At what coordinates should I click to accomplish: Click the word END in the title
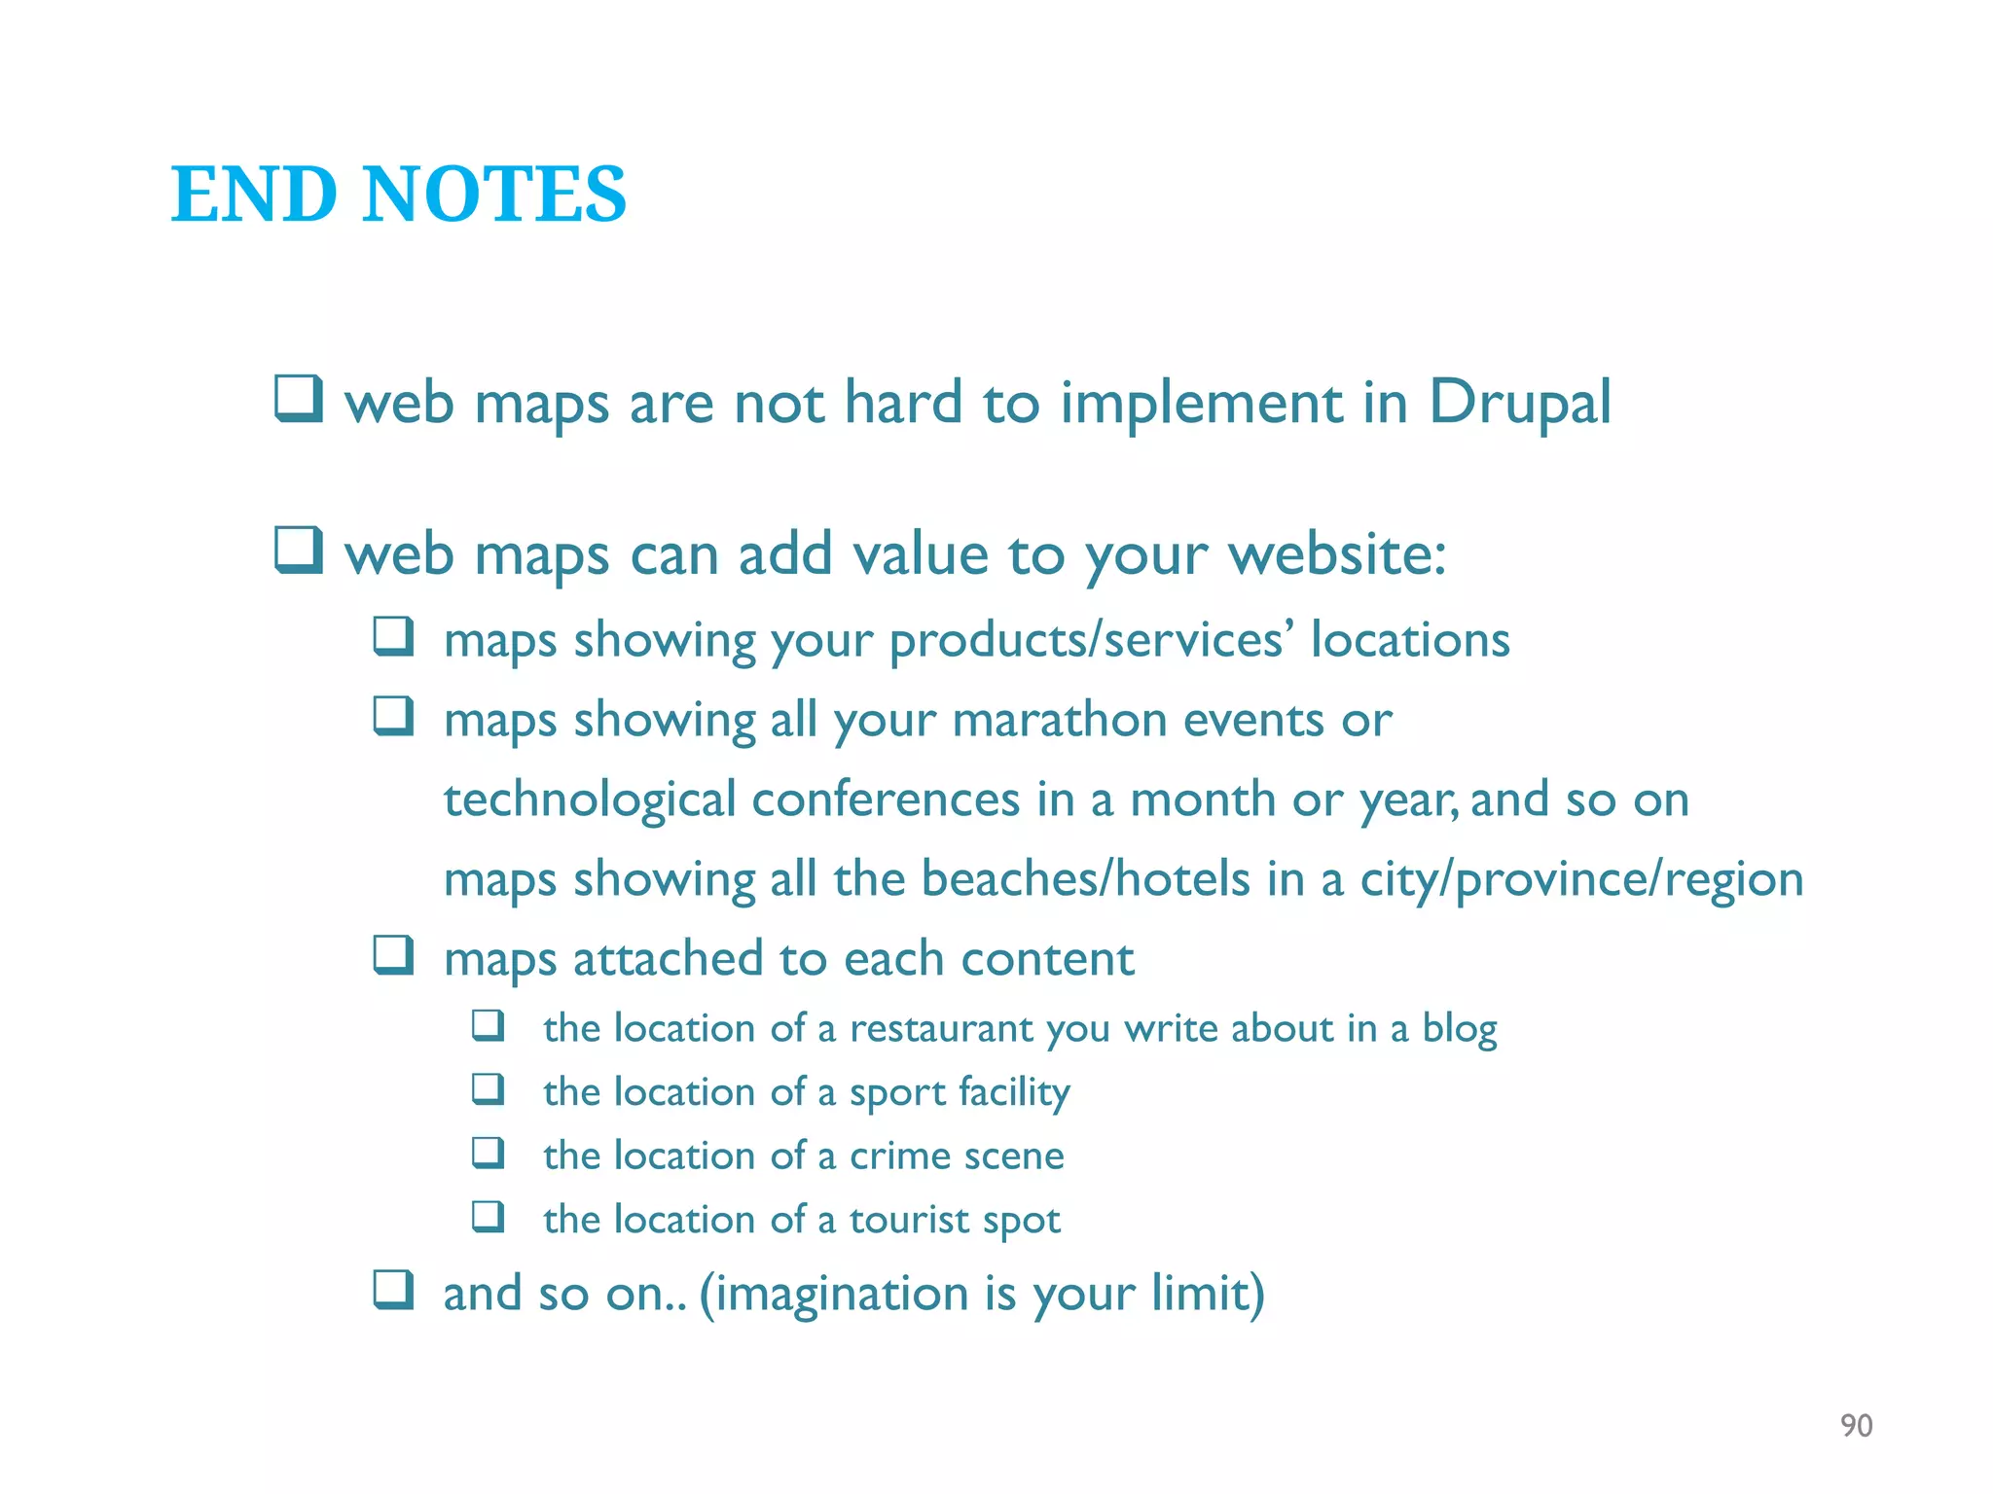[254, 195]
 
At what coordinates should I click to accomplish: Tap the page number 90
[1856, 1426]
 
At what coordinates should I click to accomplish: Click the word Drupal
[1519, 403]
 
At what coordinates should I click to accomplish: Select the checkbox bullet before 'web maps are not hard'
[298, 399]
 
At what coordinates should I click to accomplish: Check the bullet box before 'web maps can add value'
[298, 551]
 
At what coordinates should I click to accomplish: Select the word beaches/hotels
[1084, 879]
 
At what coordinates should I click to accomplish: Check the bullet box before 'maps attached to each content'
[394, 955]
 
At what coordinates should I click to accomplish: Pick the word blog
[1459, 1028]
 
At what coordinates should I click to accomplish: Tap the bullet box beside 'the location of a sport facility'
[489, 1088]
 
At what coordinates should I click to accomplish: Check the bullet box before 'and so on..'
[394, 1290]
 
